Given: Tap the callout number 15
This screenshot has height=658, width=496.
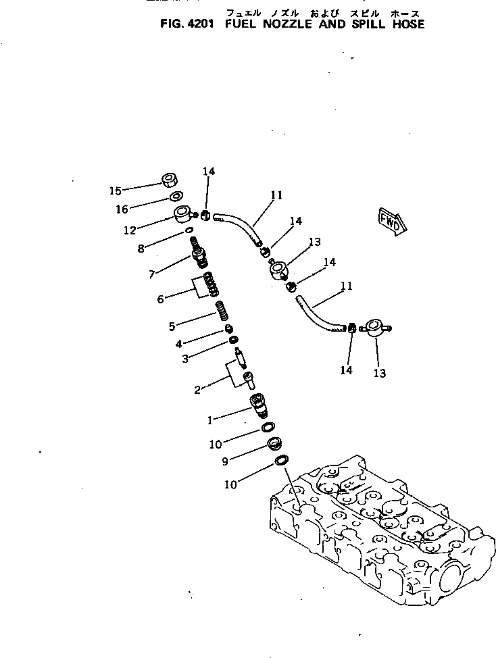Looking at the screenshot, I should (116, 191).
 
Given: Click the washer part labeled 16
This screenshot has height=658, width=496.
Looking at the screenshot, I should (175, 197).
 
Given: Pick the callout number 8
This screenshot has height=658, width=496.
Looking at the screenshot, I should (141, 248).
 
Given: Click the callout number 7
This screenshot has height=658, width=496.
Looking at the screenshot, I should (152, 274).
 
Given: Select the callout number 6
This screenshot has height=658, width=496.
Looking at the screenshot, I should (160, 299).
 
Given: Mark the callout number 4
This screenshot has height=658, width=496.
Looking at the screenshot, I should (178, 343).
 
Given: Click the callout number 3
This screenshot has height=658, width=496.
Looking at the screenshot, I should (184, 359).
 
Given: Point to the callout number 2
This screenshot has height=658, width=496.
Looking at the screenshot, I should (197, 390).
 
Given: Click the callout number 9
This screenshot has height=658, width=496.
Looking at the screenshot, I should (224, 461).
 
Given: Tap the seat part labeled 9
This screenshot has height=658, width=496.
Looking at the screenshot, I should (274, 445).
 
